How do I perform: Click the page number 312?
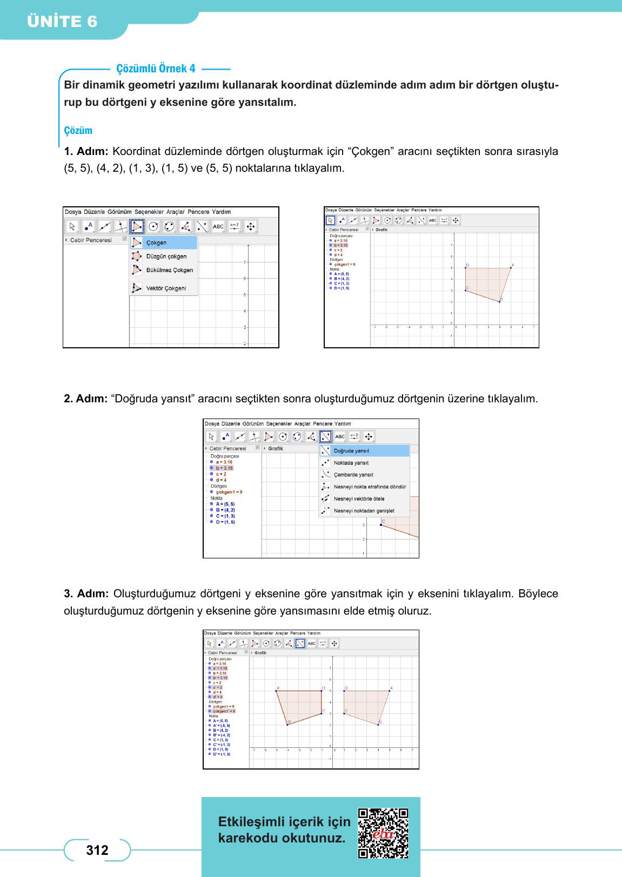(x=97, y=851)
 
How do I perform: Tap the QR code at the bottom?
(x=383, y=833)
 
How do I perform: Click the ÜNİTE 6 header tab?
(x=63, y=22)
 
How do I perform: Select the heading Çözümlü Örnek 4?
(x=156, y=69)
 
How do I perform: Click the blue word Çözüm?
(x=78, y=131)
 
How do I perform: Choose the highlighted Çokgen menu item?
(x=156, y=243)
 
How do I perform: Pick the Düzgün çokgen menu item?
(x=166, y=257)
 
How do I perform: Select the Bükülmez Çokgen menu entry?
(x=169, y=270)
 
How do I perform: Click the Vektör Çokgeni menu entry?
(x=166, y=288)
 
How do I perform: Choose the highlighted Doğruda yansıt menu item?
(x=351, y=451)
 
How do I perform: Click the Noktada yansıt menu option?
(x=351, y=463)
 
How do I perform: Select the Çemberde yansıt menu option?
(x=353, y=475)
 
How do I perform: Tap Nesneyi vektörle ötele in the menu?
(x=359, y=498)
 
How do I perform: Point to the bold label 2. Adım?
(x=86, y=399)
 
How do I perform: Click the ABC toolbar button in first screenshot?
(x=218, y=227)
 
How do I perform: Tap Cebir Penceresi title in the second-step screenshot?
(x=228, y=448)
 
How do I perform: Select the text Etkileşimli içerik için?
(x=284, y=822)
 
